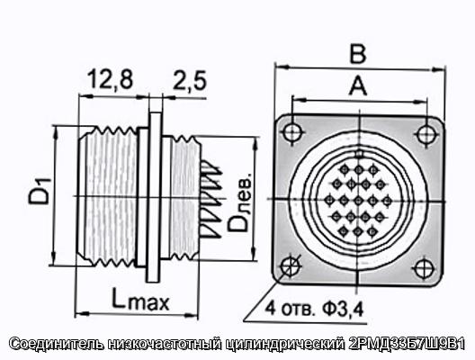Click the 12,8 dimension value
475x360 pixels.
coord(111,79)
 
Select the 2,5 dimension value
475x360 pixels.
coord(190,81)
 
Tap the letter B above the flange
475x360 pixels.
coord(358,55)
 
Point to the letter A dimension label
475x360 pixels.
coord(358,85)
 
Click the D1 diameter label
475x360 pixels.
coord(40,191)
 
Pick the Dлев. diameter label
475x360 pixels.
coord(240,202)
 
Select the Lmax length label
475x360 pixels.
coord(140,299)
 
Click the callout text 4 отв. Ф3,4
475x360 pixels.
coord(315,309)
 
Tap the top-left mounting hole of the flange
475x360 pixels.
coord(293,132)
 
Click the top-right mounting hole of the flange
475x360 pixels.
coord(426,133)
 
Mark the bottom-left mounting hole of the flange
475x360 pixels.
coord(291,266)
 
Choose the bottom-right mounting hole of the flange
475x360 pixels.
coord(424,268)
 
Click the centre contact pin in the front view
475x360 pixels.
coord(358,201)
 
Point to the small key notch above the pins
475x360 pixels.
coord(359,154)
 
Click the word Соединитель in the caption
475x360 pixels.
coord(57,344)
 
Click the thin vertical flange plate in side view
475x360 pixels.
coord(155,197)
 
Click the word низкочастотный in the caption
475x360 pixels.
coord(166,344)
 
